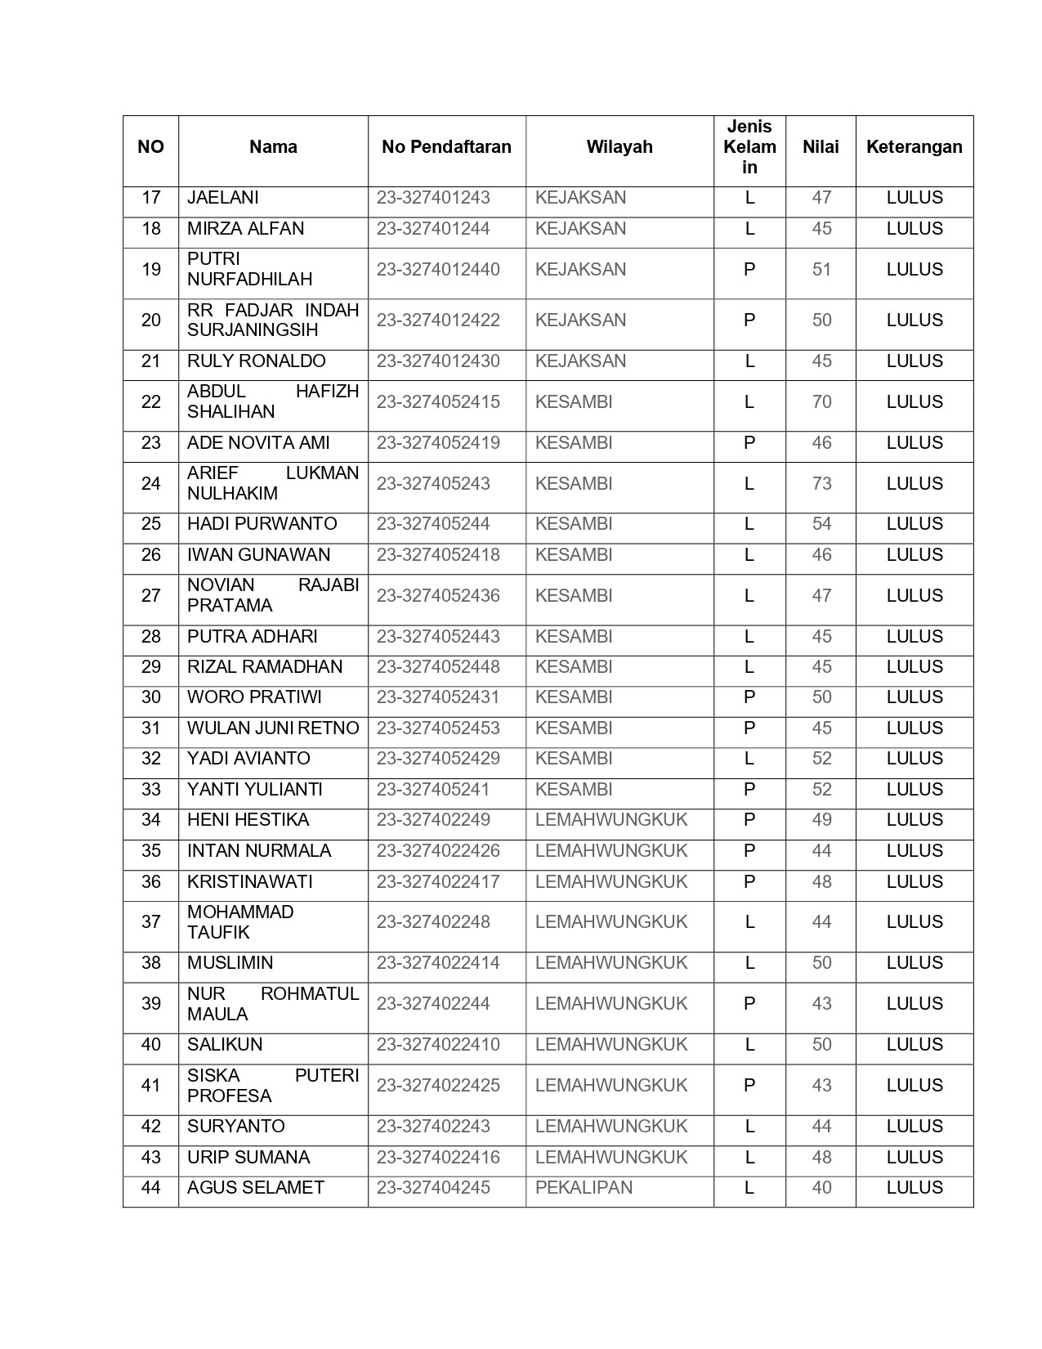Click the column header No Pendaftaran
click(x=446, y=147)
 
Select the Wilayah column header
click(x=619, y=147)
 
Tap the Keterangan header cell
click(x=914, y=147)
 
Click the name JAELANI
click(x=223, y=198)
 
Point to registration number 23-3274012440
click(x=438, y=270)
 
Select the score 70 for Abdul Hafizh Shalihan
click(x=821, y=402)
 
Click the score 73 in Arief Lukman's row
click(x=821, y=484)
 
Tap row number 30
click(x=151, y=697)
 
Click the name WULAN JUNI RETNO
click(x=273, y=728)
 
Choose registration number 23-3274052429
click(x=438, y=759)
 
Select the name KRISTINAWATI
click(x=250, y=882)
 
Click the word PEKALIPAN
click(x=584, y=1188)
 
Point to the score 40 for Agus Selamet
click(x=821, y=1188)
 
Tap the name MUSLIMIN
click(x=230, y=963)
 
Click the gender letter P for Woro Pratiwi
click(x=749, y=697)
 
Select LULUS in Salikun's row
click(x=915, y=1045)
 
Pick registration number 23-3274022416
click(x=438, y=1158)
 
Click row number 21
click(x=151, y=361)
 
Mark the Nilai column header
click(x=821, y=147)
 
